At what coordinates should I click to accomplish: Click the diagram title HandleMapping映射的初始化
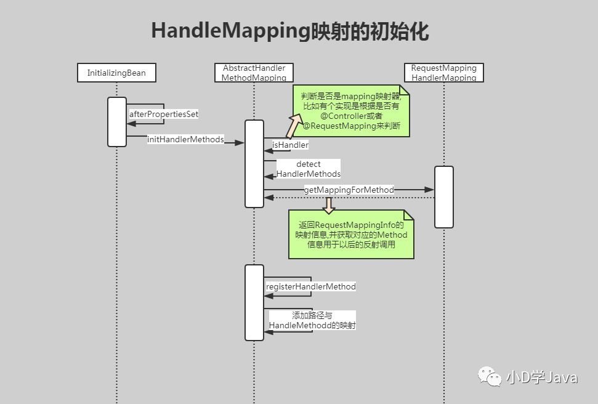290,31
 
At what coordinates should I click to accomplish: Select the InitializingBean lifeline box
116,73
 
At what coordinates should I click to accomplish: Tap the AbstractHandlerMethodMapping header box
254,73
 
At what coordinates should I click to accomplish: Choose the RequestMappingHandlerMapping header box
443,73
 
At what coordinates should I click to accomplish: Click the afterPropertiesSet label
164,115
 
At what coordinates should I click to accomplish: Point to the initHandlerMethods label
185,139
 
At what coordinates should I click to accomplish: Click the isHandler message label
290,145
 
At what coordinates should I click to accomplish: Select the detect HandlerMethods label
308,169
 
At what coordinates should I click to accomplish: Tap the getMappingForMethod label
349,190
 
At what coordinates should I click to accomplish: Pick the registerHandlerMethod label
310,286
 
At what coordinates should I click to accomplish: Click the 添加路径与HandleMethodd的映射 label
312,320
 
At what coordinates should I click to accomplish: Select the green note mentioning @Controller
351,111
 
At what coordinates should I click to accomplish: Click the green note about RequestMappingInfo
351,235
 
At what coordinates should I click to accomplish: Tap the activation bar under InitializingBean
116,122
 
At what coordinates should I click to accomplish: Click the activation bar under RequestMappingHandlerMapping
443,196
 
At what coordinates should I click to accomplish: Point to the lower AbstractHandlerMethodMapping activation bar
254,302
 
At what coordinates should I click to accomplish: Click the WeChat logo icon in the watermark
490,376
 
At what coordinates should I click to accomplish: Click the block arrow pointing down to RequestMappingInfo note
328,205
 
